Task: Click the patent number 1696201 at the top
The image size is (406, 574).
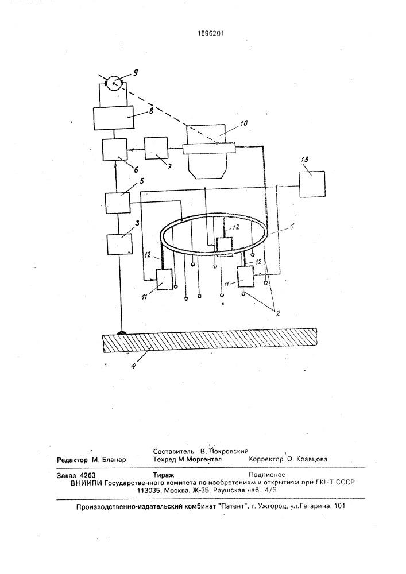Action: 210,33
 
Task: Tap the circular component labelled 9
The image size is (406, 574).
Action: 115,83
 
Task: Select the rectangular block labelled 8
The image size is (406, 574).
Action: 114,118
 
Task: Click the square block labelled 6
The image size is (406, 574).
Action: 115,149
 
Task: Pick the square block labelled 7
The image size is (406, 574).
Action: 156,148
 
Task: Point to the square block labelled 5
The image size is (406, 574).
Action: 118,203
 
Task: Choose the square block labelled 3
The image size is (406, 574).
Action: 119,244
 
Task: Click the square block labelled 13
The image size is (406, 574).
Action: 312,184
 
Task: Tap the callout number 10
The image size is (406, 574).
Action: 244,123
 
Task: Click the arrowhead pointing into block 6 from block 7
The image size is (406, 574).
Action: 129,150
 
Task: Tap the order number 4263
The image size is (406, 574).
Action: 87,475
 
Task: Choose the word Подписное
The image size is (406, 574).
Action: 267,475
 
